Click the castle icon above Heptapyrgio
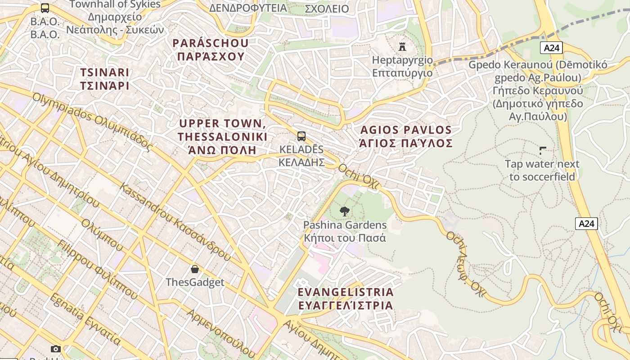[402, 46]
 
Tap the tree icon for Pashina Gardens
[345, 211]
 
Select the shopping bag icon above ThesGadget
[195, 269]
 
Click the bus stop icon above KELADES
[301, 136]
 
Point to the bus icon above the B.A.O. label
[45, 8]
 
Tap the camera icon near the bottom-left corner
[56, 349]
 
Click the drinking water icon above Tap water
[542, 151]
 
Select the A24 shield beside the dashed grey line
[551, 48]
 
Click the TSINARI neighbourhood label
[104, 79]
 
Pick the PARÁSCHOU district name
[211, 49]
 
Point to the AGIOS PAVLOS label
[405, 137]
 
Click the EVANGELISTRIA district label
[345, 298]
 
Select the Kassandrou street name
[176, 222]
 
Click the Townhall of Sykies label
[115, 4]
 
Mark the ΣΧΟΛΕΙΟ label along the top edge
[327, 9]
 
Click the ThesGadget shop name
[195, 282]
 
